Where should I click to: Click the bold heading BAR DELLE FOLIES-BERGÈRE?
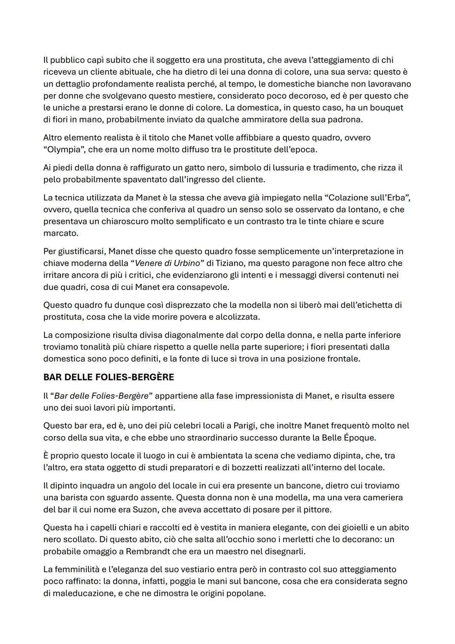click(x=108, y=377)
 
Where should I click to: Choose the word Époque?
click(x=360, y=437)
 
